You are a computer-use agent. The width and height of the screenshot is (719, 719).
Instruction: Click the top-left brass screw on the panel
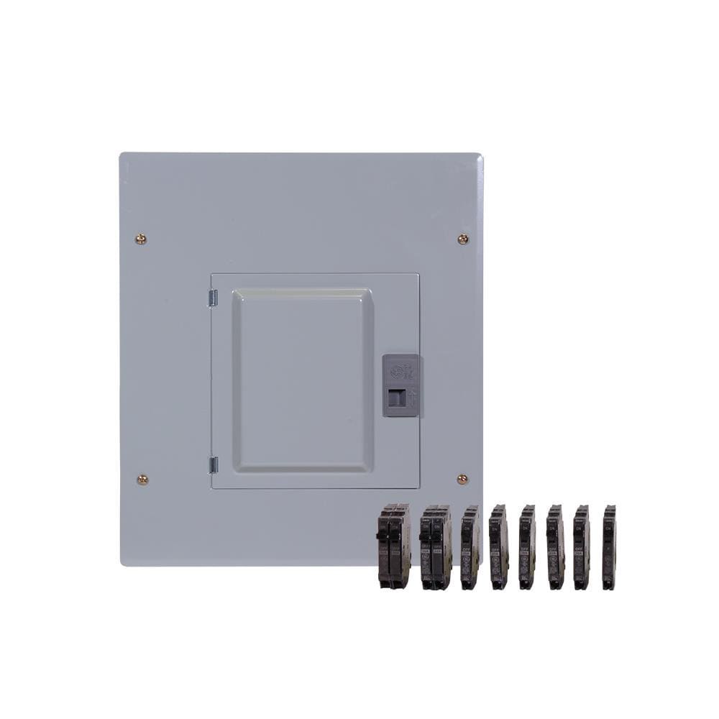pyautogui.click(x=141, y=239)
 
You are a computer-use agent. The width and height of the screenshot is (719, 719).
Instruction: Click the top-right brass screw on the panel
pyautogui.click(x=463, y=239)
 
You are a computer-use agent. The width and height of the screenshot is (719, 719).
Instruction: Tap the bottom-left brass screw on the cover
pyautogui.click(x=142, y=479)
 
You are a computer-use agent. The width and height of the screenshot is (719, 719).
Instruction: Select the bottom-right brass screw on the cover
pyautogui.click(x=462, y=479)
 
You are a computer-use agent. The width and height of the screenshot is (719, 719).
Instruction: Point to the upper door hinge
pyautogui.click(x=213, y=298)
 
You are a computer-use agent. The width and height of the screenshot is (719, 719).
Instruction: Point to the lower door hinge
pyautogui.click(x=213, y=464)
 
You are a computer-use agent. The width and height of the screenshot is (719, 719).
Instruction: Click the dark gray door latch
pyautogui.click(x=400, y=385)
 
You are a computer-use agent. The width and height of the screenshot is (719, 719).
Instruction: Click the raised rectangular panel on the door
pyautogui.click(x=303, y=380)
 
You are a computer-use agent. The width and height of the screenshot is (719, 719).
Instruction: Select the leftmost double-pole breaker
pyautogui.click(x=393, y=546)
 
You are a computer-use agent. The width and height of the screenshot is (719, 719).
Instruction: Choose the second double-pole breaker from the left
pyautogui.click(x=436, y=547)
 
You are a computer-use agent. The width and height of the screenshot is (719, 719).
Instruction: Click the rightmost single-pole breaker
pyautogui.click(x=609, y=547)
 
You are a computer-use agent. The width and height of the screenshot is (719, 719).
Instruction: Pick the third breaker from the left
pyautogui.click(x=470, y=547)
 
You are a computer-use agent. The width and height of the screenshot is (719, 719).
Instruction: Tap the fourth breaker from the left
pyautogui.click(x=498, y=547)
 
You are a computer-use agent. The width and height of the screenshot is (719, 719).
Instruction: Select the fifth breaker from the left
pyautogui.click(x=527, y=547)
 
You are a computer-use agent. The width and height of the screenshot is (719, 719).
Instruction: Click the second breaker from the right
pyautogui.click(x=581, y=547)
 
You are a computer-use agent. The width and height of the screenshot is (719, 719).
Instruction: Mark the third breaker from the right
pyautogui.click(x=554, y=547)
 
